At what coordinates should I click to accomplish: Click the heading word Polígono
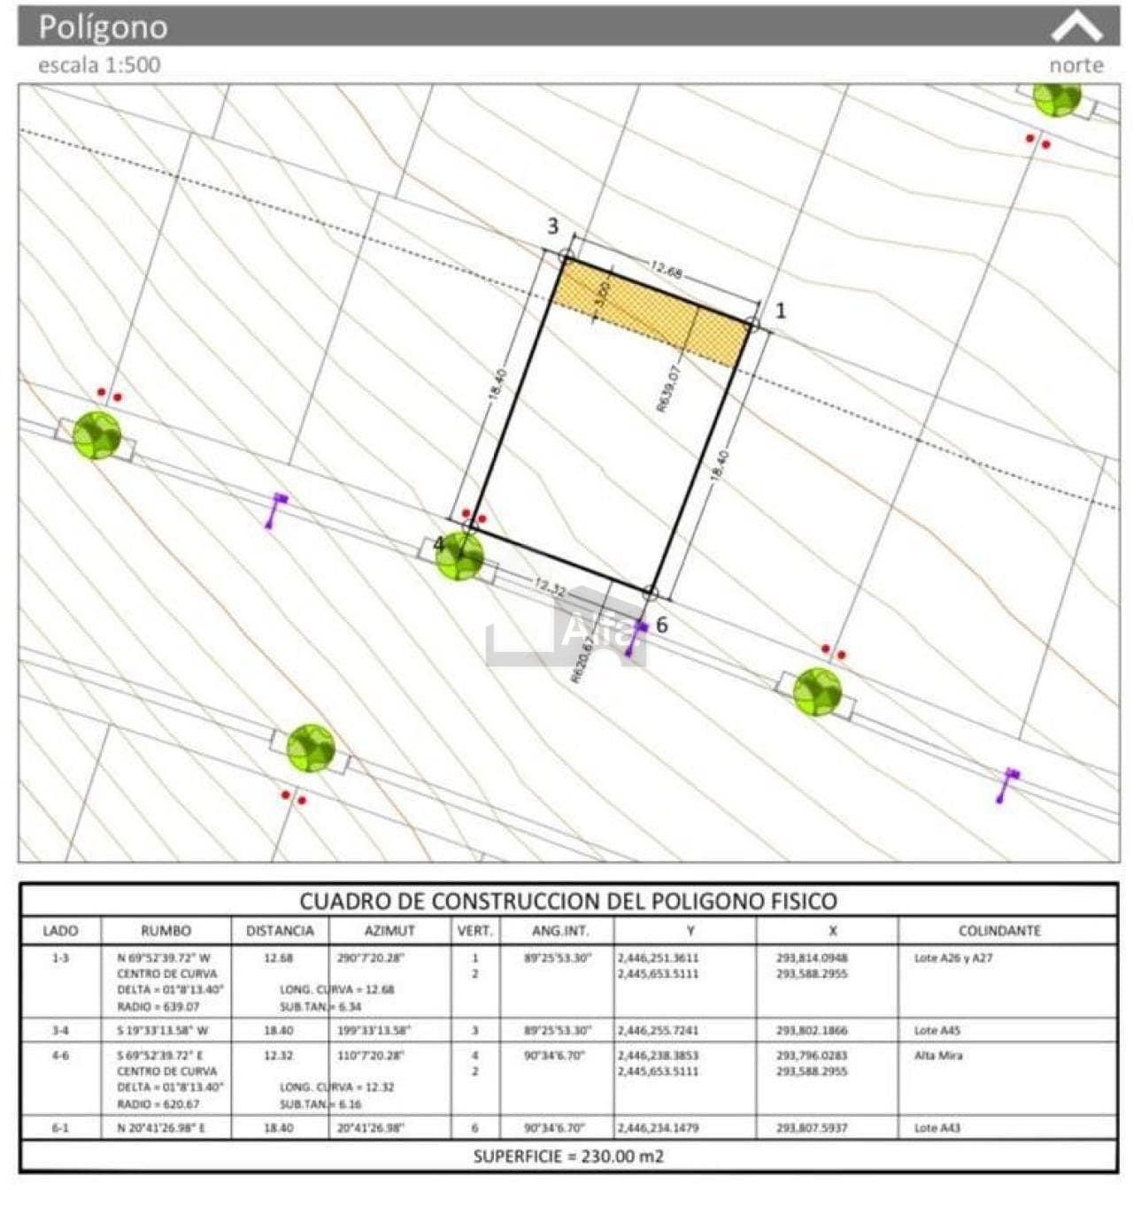coord(103,27)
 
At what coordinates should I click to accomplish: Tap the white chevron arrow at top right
coord(1076,27)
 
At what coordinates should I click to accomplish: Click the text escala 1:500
coord(99,65)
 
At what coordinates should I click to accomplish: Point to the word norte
coord(1076,65)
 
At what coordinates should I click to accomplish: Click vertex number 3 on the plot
coord(553,227)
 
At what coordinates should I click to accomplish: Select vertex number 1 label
coord(780,311)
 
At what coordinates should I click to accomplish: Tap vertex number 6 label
coord(661,626)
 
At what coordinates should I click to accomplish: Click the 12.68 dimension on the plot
coord(666,271)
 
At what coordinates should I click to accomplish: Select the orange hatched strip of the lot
coord(650,313)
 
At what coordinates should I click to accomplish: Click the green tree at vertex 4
coord(460,556)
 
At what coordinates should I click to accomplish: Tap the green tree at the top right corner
coord(1057,96)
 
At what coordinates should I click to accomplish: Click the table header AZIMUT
coord(389,931)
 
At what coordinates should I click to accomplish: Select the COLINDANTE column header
coord(999,931)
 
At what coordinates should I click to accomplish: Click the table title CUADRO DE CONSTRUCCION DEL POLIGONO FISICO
coord(567,902)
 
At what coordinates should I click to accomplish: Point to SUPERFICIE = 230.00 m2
coord(567,1156)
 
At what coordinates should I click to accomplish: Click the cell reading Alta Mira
coord(938,1056)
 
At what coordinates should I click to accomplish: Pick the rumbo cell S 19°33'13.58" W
coord(163,1031)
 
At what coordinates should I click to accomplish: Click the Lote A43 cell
coord(937,1128)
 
